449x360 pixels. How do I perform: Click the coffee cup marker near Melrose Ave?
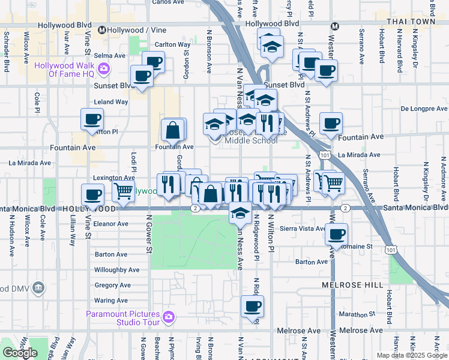pos(252,307)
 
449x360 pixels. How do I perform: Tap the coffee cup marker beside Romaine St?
pos(337,233)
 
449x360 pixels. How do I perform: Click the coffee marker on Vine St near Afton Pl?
pos(92,120)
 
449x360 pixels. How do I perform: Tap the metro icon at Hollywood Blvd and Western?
pos(336,26)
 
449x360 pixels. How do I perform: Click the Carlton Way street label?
pos(173,44)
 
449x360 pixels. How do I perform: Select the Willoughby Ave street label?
pos(116,270)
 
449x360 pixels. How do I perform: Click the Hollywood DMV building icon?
pos(39,288)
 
